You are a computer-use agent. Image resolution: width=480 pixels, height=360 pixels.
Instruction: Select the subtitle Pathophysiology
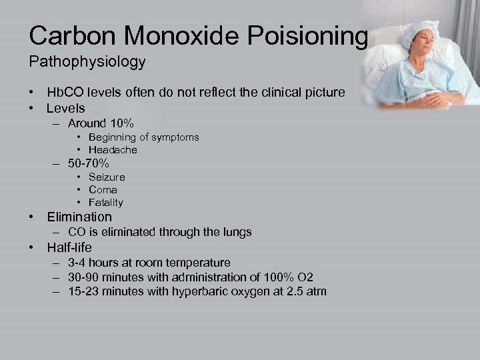click(x=87, y=62)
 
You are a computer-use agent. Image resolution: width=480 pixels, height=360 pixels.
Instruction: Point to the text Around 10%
click(x=101, y=123)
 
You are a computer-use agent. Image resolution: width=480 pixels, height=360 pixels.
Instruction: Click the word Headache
click(x=113, y=150)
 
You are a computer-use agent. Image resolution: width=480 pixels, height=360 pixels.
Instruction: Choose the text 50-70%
click(x=89, y=163)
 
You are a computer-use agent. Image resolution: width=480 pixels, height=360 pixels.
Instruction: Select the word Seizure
click(x=106, y=177)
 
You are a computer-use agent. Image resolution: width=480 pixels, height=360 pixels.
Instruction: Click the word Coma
click(x=103, y=190)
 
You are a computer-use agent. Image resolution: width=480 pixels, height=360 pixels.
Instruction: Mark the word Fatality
click(x=105, y=203)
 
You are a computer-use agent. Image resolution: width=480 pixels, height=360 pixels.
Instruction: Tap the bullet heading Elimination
click(x=79, y=217)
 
